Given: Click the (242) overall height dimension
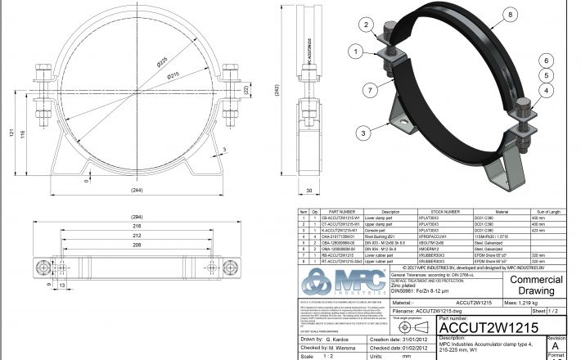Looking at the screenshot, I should (281, 92).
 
